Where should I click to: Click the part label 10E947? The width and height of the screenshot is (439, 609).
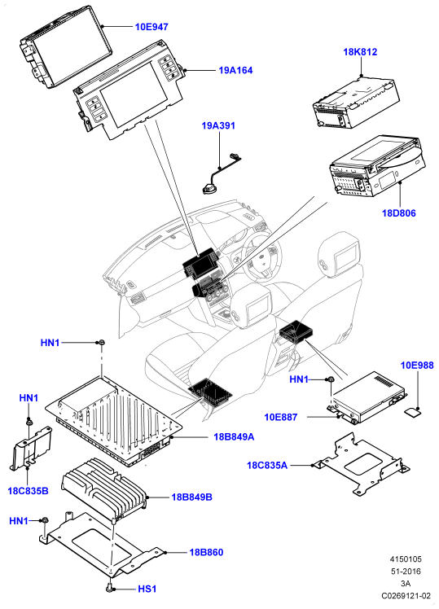151,27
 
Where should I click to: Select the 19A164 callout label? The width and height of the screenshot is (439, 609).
235,70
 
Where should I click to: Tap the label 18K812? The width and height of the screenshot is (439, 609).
360,52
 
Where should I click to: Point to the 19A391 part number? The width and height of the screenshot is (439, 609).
218,126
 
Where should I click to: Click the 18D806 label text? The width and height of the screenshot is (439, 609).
399,213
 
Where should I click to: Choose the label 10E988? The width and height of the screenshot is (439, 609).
417,366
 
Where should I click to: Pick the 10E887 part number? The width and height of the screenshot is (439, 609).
281,417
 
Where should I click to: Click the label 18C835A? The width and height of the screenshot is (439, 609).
267,465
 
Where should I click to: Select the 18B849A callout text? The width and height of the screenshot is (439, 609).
234,437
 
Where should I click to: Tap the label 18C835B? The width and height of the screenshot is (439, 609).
28,491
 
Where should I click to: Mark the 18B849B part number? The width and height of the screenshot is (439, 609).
192,497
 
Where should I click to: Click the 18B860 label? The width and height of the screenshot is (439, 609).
206,552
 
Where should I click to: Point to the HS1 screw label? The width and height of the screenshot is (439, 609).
147,589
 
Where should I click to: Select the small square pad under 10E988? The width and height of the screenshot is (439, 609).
412,411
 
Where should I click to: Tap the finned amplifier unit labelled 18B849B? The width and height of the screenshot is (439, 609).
104,488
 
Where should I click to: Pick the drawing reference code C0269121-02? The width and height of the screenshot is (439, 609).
406,595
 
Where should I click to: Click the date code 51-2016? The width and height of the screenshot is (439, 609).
406,572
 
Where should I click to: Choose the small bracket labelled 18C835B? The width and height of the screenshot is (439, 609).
31,449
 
